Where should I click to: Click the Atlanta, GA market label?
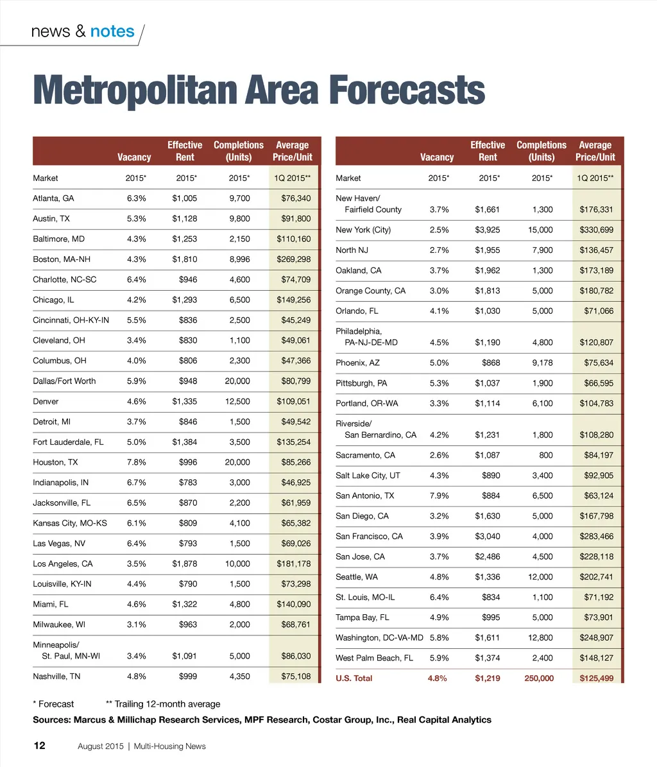tap(53, 198)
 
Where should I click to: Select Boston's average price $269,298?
tap(293, 259)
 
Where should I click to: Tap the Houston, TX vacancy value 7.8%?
tap(137, 462)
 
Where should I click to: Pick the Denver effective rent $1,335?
tap(185, 401)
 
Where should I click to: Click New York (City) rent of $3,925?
tap(488, 230)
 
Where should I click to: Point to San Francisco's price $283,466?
tap(596, 536)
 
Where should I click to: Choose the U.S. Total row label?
tap(354, 678)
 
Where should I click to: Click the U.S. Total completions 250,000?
tap(538, 678)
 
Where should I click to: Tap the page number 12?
tap(39, 745)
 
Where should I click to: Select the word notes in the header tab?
tap(112, 31)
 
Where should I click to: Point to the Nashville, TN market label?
tap(56, 676)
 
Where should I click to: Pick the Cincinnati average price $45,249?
tap(296, 320)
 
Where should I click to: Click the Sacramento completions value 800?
tap(545, 455)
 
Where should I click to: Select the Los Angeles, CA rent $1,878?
tap(185, 564)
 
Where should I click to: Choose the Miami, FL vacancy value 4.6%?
tap(137, 604)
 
